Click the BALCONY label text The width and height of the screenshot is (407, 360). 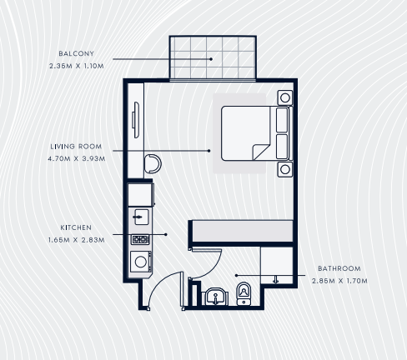click(x=76, y=53)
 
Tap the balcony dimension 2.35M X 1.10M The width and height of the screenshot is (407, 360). click(x=77, y=66)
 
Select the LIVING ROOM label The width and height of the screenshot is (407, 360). click(x=76, y=147)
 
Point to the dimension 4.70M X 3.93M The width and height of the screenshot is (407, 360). click(x=77, y=159)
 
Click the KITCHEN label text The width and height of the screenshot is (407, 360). click(x=76, y=227)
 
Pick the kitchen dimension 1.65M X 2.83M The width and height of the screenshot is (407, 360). click(x=77, y=240)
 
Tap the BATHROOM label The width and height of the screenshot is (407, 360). click(x=339, y=268)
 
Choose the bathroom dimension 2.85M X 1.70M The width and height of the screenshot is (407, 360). click(x=339, y=281)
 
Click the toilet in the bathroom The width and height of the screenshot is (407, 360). click(x=244, y=293)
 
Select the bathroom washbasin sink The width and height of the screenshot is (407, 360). click(x=216, y=297)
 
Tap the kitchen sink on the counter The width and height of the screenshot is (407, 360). click(x=141, y=217)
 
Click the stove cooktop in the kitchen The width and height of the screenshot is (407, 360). click(x=140, y=239)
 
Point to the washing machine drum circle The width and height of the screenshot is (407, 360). click(x=141, y=262)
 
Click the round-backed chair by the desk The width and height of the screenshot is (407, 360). click(x=153, y=164)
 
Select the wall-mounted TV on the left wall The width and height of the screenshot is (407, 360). click(x=135, y=120)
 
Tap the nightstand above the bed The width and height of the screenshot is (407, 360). click(x=284, y=97)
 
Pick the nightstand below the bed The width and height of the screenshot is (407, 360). click(x=284, y=169)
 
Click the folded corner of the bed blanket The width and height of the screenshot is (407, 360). click(x=260, y=152)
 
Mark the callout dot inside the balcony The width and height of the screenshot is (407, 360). click(x=211, y=59)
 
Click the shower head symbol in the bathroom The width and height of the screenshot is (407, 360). click(x=275, y=280)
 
